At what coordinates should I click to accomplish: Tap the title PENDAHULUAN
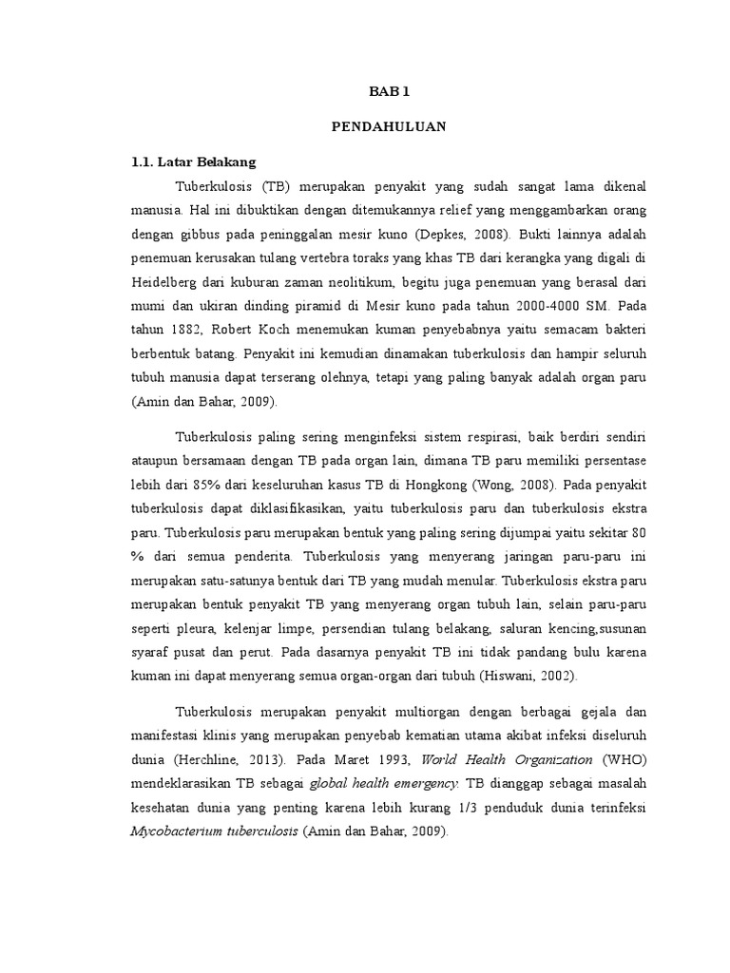386,125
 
